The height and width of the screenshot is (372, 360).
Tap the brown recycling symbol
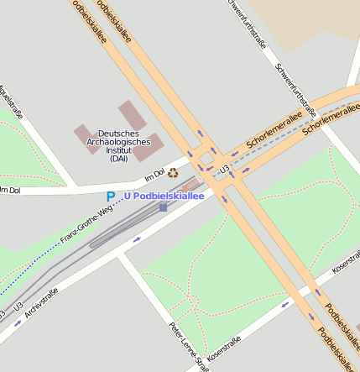point(173,174)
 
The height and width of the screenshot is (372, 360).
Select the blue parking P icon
point(110,196)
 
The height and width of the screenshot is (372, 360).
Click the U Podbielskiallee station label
point(164,196)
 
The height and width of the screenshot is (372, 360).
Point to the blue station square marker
point(163,207)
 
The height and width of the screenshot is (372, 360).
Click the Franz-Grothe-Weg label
point(86,228)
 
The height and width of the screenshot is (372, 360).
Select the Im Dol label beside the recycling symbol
point(154,176)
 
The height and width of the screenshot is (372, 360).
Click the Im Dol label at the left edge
point(9,190)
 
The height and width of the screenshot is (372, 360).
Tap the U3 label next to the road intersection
point(224,170)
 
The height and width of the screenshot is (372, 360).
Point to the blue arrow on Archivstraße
point(137,239)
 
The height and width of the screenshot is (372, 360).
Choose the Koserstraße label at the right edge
point(345,268)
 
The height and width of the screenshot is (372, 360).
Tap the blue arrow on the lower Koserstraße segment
point(284,304)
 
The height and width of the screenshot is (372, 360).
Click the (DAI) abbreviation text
point(119,159)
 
